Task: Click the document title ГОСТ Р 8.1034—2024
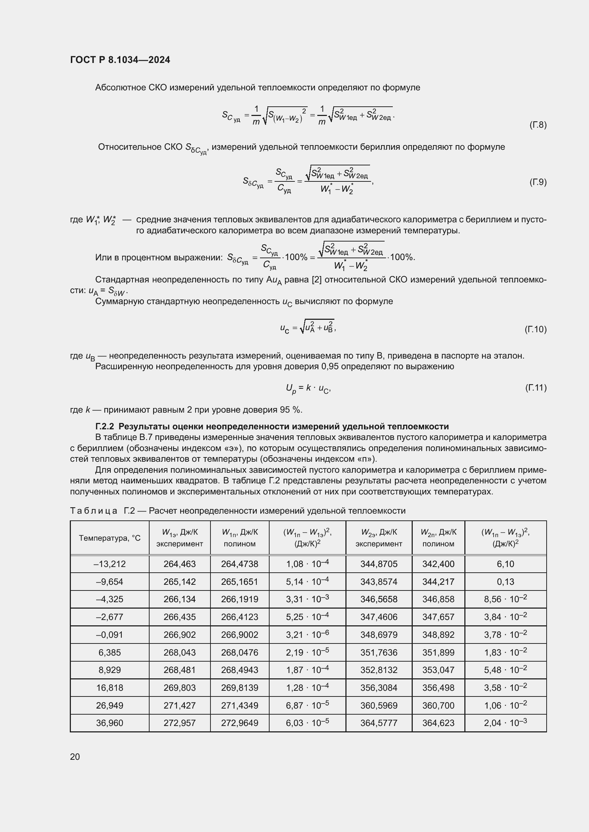(120, 60)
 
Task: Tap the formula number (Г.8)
(537, 125)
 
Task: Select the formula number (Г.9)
(537, 182)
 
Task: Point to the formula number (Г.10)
(535, 329)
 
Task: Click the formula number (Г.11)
(536, 388)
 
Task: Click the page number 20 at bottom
(75, 757)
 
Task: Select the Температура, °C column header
(110, 538)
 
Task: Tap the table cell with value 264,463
(179, 564)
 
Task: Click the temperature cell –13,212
(110, 564)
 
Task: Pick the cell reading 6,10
(505, 564)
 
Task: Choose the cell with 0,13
(505, 582)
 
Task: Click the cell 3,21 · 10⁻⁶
(307, 635)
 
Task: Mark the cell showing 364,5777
(379, 723)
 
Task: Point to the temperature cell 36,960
(110, 723)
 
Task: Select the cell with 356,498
(438, 688)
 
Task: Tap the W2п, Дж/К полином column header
(438, 538)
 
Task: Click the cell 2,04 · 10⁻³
(505, 723)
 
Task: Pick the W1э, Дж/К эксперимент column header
(179, 538)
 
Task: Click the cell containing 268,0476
(239, 653)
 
